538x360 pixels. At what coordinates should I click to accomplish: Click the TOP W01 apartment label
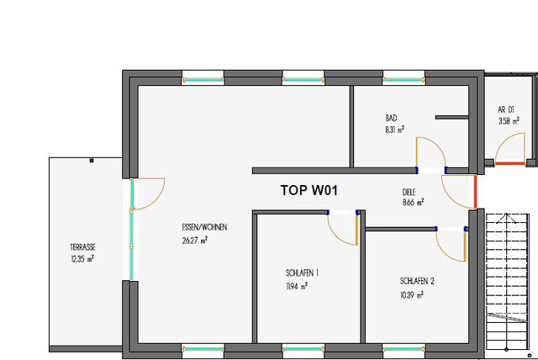[x=309, y=191]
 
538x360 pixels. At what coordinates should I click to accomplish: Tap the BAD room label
[x=391, y=119]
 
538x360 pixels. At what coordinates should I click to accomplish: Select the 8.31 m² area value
[x=394, y=130]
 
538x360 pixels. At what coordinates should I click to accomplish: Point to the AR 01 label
[x=505, y=110]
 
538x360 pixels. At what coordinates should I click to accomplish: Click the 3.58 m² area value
[x=509, y=121]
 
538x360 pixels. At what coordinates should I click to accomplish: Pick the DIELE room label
[x=409, y=192]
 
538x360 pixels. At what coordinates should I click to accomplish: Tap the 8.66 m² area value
[x=413, y=203]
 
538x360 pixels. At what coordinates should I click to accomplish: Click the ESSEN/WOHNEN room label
[x=204, y=228]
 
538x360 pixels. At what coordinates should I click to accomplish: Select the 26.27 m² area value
[x=195, y=240]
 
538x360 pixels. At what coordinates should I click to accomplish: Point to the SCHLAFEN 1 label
[x=302, y=273]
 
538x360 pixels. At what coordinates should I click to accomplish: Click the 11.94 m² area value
[x=295, y=286]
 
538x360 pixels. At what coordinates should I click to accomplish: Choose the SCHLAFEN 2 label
[x=417, y=281]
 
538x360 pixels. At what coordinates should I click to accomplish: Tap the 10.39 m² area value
[x=411, y=295]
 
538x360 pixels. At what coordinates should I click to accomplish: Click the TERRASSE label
[x=83, y=247]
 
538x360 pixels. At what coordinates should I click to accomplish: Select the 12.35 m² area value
[x=82, y=259]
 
